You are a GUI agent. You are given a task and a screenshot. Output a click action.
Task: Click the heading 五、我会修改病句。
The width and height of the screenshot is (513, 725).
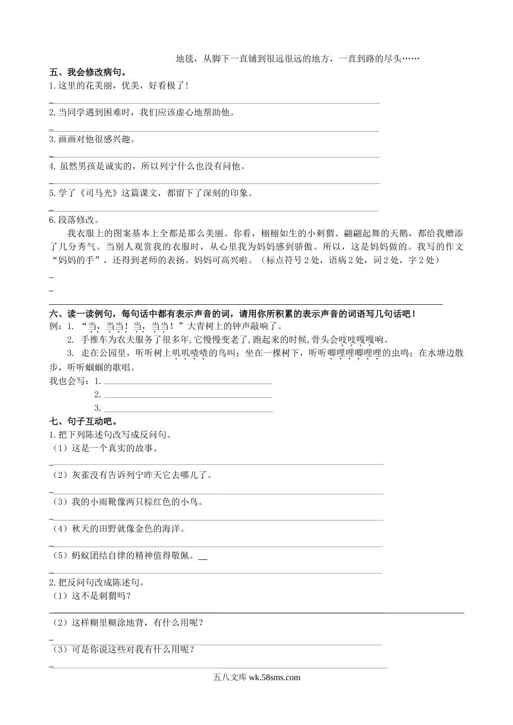coord(87,72)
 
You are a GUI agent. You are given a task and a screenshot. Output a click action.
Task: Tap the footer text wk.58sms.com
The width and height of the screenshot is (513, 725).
coord(273,678)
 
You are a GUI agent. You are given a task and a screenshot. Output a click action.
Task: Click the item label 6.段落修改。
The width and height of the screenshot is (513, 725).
coord(75,220)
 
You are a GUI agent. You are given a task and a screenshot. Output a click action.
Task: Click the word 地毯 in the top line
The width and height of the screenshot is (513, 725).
coord(185,59)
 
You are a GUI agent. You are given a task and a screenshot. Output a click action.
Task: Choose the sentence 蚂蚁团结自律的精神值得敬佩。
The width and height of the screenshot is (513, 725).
coord(133,556)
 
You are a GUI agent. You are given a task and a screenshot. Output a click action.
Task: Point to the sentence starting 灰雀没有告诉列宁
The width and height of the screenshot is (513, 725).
coord(142,475)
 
